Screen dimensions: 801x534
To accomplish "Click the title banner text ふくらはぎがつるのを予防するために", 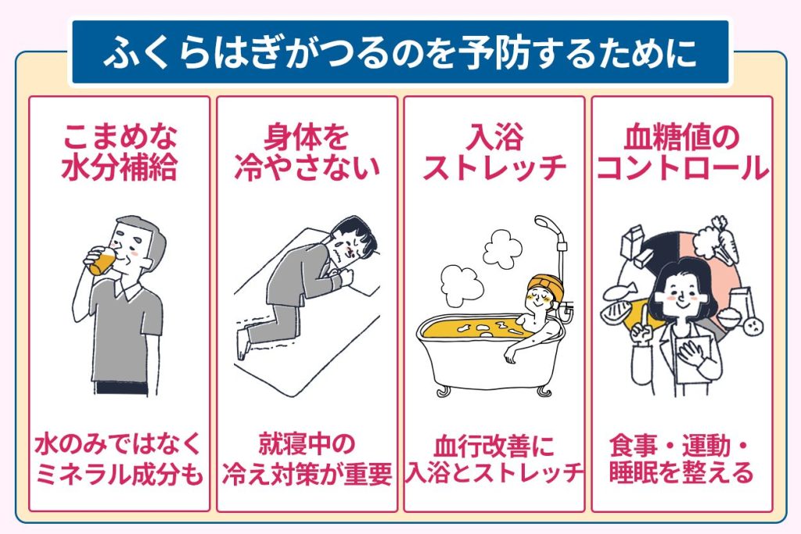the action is (x=400, y=52).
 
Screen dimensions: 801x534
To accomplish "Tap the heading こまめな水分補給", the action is (x=119, y=152).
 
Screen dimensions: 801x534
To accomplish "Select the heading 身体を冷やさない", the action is (x=307, y=152).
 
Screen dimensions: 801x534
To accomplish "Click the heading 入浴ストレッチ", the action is (x=494, y=152).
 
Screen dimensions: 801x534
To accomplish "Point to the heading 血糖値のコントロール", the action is (x=682, y=152).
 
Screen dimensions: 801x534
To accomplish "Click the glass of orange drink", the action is (x=102, y=260).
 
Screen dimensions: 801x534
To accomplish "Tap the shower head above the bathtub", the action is (x=546, y=224).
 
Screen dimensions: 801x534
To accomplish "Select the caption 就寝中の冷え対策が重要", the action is (x=307, y=459).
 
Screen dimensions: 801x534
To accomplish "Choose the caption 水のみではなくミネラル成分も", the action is (x=119, y=459).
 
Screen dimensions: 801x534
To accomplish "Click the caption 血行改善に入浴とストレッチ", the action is (x=494, y=459).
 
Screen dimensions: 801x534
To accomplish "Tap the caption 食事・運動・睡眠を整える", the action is (x=682, y=459).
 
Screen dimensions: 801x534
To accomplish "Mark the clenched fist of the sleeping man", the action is (x=347, y=276).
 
